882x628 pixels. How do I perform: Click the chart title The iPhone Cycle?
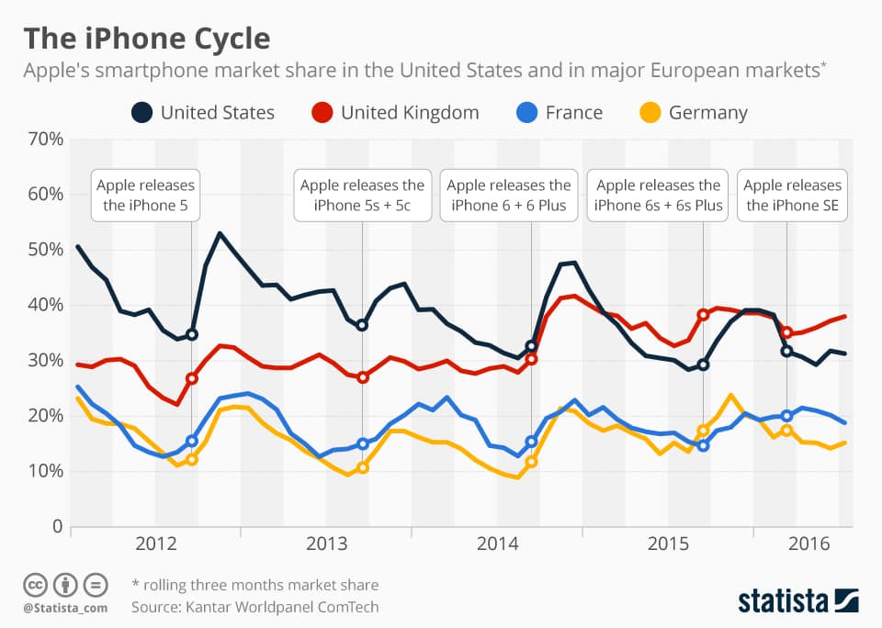click(x=147, y=39)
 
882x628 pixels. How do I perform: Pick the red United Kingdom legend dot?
click(x=322, y=113)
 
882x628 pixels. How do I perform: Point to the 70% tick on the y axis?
click(x=44, y=139)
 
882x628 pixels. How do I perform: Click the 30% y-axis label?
click(x=44, y=361)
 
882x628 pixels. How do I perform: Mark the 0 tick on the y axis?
click(x=56, y=527)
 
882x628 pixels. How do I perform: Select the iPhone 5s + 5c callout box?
click(x=362, y=196)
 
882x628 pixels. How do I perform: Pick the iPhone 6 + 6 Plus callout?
click(x=509, y=196)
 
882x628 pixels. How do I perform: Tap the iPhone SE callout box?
click(x=792, y=196)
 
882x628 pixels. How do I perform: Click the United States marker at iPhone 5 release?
click(x=191, y=334)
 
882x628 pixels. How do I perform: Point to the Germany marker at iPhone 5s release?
click(x=363, y=467)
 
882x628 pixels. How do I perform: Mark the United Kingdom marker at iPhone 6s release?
click(x=703, y=315)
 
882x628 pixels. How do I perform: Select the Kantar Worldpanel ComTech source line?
click(x=254, y=607)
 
